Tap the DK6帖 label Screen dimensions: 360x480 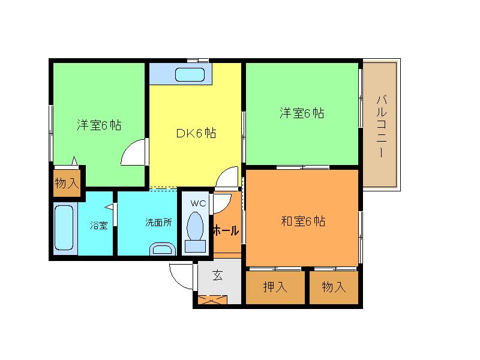[196, 134]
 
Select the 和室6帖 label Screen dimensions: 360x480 [303, 221]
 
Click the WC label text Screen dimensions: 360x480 [198, 203]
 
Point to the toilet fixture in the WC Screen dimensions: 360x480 [196, 230]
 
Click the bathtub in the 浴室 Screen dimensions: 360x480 [64, 228]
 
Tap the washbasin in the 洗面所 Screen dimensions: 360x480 [161, 250]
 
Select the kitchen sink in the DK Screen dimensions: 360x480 [190, 76]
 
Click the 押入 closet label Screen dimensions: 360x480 [275, 287]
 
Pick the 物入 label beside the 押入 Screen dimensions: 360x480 [334, 287]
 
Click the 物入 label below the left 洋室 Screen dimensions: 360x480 [66, 184]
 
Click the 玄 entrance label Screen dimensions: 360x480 [218, 276]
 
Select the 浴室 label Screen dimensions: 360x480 [99, 226]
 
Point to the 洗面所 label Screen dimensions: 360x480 [158, 223]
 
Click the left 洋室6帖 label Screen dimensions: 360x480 [99, 125]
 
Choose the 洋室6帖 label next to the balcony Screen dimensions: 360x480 [302, 113]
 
